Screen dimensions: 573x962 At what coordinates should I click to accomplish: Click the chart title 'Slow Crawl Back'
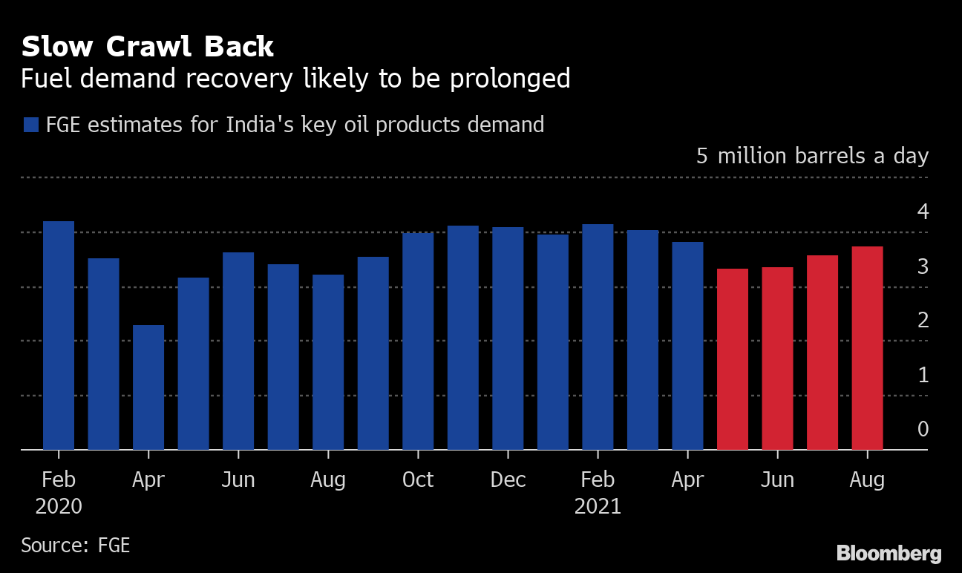(x=147, y=47)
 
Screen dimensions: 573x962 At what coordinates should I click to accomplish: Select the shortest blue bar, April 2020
(x=148, y=387)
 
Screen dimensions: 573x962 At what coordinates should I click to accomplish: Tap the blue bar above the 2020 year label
(x=59, y=335)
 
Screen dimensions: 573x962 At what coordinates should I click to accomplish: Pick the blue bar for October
(x=418, y=341)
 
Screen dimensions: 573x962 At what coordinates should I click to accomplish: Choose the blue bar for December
(x=508, y=338)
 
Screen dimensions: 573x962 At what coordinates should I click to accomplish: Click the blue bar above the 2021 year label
(x=598, y=336)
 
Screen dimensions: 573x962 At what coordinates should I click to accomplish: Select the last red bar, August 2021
(x=867, y=347)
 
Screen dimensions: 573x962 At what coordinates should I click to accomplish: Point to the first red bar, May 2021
(x=733, y=358)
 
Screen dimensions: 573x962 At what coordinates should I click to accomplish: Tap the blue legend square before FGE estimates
(x=30, y=125)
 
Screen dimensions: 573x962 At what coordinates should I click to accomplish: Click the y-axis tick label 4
(x=923, y=212)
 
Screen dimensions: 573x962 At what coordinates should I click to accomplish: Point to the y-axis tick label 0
(x=923, y=429)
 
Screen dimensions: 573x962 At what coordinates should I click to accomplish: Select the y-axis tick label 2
(x=923, y=321)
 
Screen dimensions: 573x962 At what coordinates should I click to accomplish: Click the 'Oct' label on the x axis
(x=418, y=480)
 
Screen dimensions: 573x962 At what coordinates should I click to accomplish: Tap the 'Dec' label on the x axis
(x=508, y=480)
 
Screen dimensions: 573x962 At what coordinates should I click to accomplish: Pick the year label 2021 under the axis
(x=598, y=507)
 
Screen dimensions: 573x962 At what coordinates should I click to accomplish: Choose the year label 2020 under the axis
(x=59, y=507)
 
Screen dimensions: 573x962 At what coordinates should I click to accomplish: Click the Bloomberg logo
(x=889, y=553)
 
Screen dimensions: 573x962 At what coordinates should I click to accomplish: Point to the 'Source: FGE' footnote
(x=75, y=545)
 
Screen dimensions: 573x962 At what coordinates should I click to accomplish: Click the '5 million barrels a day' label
(x=812, y=157)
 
